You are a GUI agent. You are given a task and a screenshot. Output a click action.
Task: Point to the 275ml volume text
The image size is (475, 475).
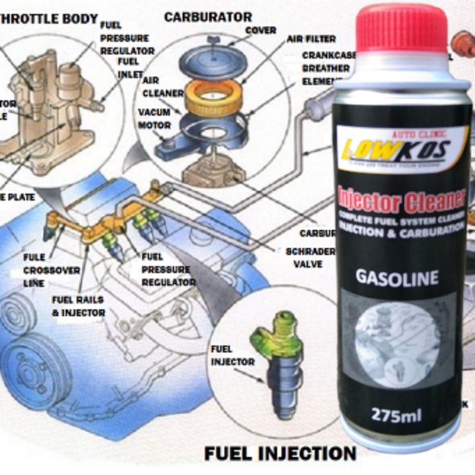coord(397,413)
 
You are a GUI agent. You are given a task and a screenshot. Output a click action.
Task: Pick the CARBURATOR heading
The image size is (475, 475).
coord(208,17)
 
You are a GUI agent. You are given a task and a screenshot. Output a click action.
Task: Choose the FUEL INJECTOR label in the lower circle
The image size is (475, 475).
coord(233,355)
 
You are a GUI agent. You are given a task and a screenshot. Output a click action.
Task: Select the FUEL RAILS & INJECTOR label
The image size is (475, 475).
coord(78,306)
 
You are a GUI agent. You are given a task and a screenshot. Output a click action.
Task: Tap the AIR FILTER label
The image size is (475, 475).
coord(311,39)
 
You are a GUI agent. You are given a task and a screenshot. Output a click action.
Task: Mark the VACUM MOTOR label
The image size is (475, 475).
coord(154,119)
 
